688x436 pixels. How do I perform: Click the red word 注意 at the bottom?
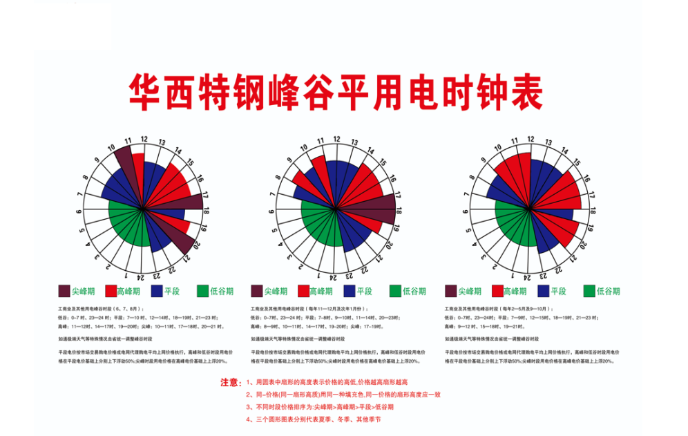point(230,381)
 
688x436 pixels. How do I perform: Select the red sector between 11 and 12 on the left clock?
point(137,169)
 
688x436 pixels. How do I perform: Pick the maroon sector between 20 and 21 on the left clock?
point(181,240)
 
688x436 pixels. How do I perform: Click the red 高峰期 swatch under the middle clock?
point(303,291)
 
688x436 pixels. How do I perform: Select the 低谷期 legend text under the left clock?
point(222,291)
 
